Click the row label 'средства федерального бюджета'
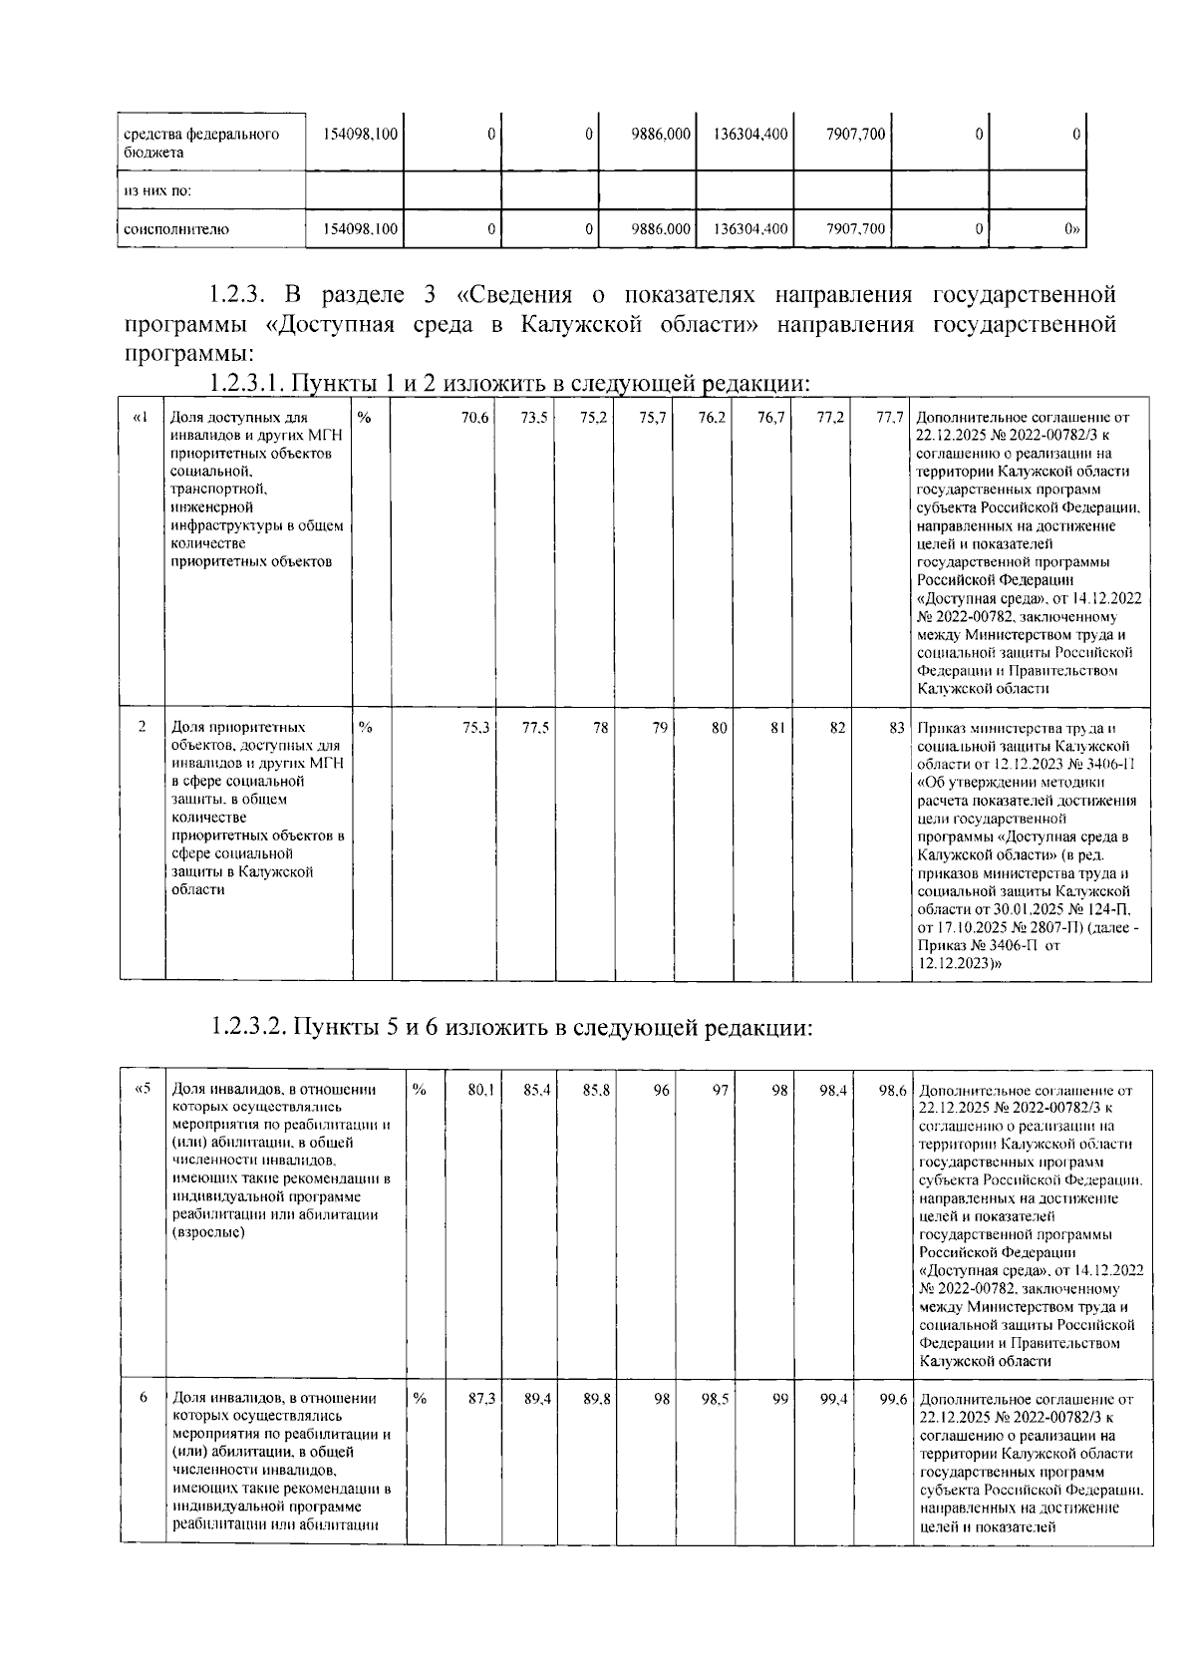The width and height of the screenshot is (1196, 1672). coord(200,143)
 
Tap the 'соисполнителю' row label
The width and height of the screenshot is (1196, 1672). coord(175,229)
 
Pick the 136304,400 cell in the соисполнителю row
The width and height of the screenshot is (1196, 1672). coord(751,229)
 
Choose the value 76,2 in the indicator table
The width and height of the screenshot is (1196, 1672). coord(711,418)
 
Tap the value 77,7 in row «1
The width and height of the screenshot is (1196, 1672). coord(889,418)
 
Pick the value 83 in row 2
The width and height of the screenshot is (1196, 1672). coord(896,728)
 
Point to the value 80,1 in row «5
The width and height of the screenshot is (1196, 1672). coord(481,1092)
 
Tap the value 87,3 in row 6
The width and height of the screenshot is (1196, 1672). coord(481,1400)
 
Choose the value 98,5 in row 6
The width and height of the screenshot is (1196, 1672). coord(715,1400)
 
